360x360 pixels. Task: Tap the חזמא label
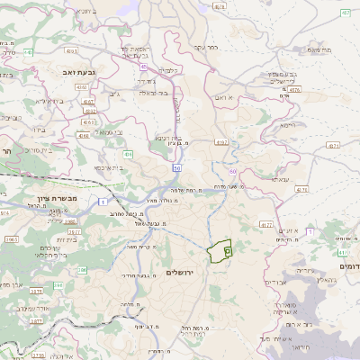pos(287,126)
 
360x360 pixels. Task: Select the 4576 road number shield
pos(294,89)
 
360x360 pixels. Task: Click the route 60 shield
pos(233,171)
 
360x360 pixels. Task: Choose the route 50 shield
pos(177,167)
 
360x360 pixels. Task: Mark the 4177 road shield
pos(265,224)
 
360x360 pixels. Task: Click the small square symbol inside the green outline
pos(228,252)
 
